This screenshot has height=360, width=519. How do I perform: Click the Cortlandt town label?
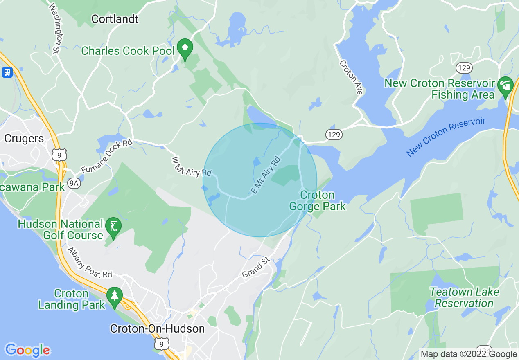click(x=115, y=19)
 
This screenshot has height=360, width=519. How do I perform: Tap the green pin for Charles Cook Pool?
click(x=185, y=49)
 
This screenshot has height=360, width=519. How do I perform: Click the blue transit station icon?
click(x=7, y=72)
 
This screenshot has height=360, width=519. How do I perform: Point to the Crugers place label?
click(x=24, y=139)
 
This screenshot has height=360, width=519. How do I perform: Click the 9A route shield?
click(x=74, y=184)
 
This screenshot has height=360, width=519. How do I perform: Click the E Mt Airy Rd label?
click(x=266, y=175)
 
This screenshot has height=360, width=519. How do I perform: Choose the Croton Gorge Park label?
click(x=317, y=200)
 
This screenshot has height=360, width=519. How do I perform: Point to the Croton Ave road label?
click(x=351, y=77)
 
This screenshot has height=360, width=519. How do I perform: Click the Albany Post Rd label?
click(x=90, y=263)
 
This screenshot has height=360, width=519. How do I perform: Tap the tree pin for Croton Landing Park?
click(x=114, y=297)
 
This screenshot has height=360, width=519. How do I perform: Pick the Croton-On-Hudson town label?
click(x=158, y=328)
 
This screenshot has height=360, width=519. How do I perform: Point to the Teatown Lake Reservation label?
click(x=464, y=297)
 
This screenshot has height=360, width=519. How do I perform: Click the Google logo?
click(x=27, y=350)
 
